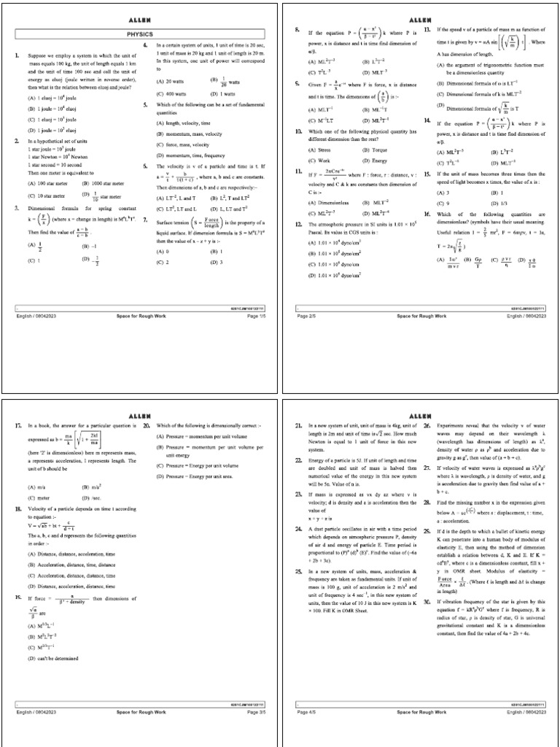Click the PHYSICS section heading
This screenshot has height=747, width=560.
[x=141, y=34]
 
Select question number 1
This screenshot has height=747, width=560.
[x=16, y=55]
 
